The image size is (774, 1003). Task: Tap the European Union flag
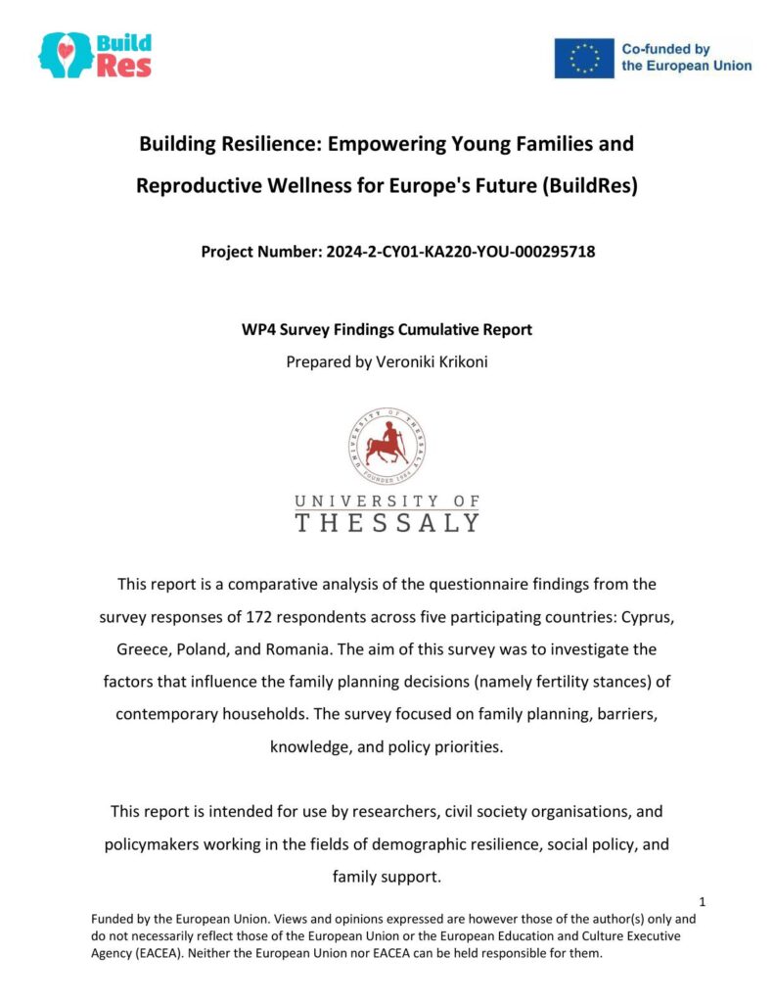pos(584,58)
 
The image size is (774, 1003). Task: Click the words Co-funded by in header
pos(666,49)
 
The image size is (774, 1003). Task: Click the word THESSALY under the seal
pos(387,523)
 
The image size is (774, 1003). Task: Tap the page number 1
pos(703,901)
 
